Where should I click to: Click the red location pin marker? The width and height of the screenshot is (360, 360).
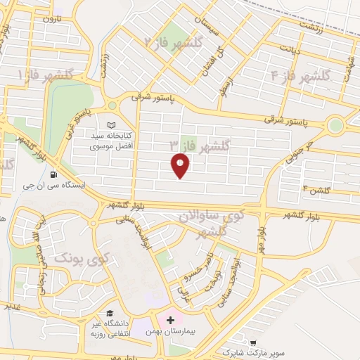[181, 165]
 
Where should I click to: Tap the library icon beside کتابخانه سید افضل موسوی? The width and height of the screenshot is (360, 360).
[111, 125]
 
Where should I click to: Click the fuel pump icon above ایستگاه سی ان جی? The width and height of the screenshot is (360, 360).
[55, 174]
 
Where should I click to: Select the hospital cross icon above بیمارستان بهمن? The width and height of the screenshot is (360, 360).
[170, 320]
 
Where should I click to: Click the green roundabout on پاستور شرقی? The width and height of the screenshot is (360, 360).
[335, 127]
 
